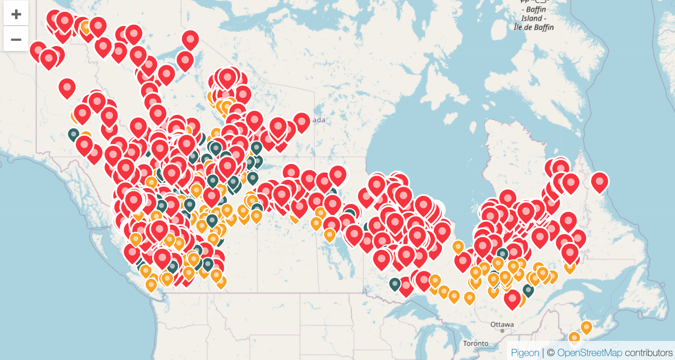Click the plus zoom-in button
[x=16, y=14]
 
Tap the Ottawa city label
[x=502, y=325]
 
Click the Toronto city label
[x=475, y=344]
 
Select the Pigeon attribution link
[x=525, y=353]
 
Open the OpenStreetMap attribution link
[x=590, y=353]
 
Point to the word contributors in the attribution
[x=649, y=353]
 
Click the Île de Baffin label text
[x=534, y=27]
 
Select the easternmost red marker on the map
[x=600, y=181]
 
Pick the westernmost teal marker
[x=74, y=133]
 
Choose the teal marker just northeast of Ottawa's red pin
[x=528, y=290]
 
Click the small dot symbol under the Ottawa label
[x=502, y=331]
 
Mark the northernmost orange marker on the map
[x=86, y=27]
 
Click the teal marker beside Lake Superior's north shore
[x=395, y=284]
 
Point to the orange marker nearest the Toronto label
[x=470, y=298]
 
